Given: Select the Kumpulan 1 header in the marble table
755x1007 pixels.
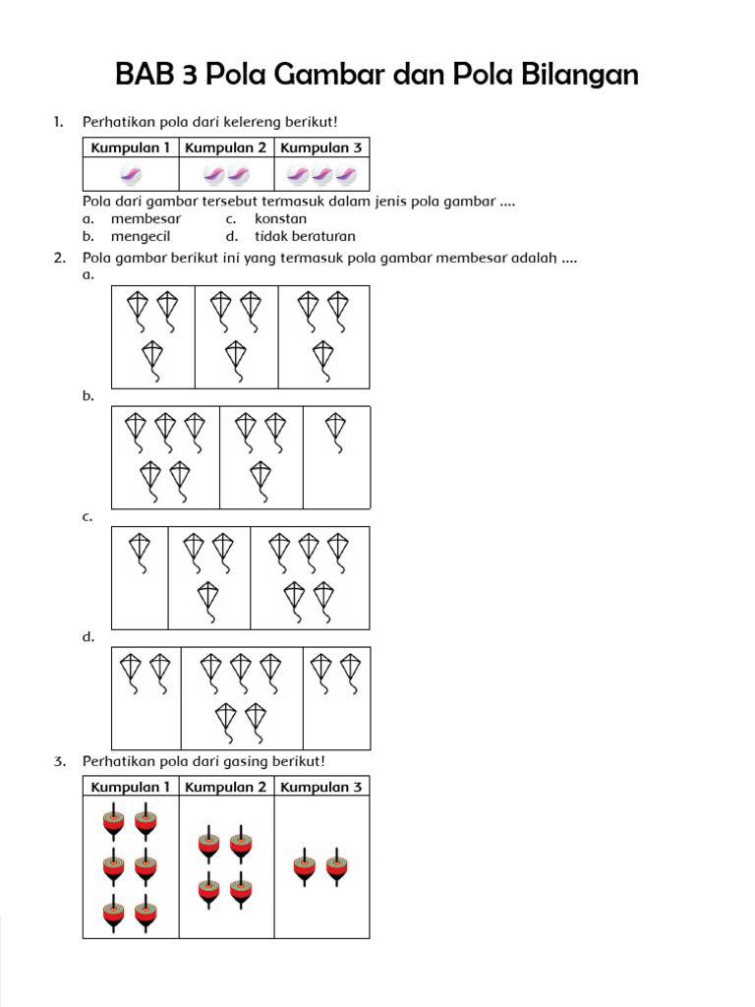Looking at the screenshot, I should coord(131,148).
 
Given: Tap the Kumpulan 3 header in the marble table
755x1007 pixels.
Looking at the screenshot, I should coord(321,148).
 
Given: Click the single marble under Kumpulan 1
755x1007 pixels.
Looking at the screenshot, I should coord(131,175).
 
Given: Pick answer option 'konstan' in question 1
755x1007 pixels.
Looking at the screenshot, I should coord(280,218).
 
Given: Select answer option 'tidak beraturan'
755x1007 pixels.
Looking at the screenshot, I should coord(305,236).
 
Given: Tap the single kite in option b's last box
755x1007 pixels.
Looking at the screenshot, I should coord(336,431).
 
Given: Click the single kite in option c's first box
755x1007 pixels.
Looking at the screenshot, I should coord(140,552).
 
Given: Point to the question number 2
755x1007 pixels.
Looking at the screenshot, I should coord(59,258).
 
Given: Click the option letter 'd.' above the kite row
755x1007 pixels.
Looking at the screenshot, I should coord(88,637).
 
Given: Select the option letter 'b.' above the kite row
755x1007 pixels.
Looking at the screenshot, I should coord(88,396).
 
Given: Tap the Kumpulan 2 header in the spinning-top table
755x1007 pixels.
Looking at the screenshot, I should coord(226,787).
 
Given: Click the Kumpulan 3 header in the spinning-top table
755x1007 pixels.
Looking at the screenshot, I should coord(321,787).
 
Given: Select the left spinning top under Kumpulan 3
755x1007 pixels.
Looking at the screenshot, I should coord(305,866).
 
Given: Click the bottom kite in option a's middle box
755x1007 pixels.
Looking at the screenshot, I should coord(236,358).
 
